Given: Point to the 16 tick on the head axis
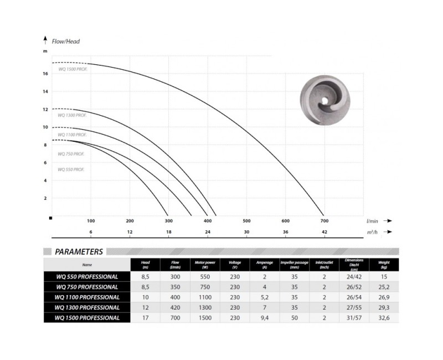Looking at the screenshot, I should (45, 73).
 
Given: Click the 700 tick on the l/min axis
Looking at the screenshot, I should (324, 220).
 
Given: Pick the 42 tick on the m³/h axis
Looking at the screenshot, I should (324, 232).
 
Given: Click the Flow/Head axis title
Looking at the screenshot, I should (62, 40).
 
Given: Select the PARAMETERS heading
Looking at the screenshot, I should (79, 251).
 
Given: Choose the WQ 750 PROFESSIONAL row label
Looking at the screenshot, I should (87, 287).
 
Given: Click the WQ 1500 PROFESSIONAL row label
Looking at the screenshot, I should (87, 318).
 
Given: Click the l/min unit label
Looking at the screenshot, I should (372, 220).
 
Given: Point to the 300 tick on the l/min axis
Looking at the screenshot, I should (169, 220).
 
